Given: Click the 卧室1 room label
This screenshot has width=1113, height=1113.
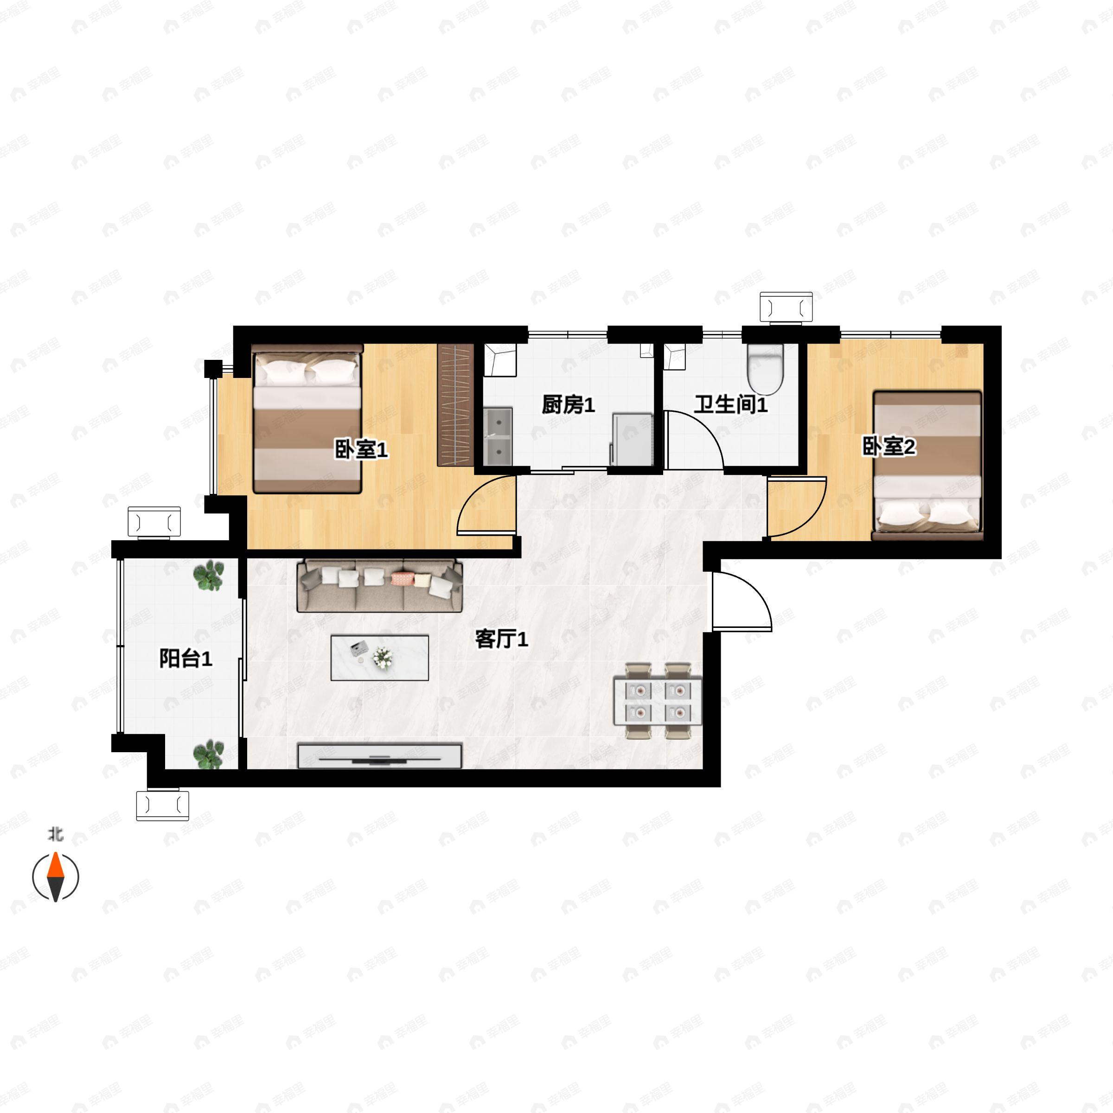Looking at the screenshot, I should click(361, 449).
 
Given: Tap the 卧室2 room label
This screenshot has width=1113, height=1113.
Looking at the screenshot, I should click(889, 447).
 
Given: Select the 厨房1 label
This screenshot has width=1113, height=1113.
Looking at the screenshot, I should click(568, 405).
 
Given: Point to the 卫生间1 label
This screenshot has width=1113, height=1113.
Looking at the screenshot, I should click(730, 404).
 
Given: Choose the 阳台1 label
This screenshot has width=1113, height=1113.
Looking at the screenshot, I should click(185, 659).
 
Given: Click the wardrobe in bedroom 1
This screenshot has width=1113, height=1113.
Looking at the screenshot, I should click(455, 404).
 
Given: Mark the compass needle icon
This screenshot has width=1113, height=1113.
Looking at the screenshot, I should click(55, 877).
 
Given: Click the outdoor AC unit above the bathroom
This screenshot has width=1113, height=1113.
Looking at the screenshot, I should click(786, 307).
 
